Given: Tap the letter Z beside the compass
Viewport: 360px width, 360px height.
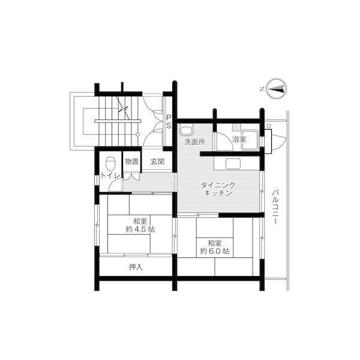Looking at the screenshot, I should (x=262, y=89).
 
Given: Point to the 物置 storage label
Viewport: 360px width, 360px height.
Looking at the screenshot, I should (x=132, y=161).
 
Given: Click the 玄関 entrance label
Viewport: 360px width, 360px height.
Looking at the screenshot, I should (x=158, y=161).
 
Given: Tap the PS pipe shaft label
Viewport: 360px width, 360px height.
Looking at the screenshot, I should (x=169, y=122).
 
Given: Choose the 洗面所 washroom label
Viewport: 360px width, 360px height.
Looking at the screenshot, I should (x=194, y=142).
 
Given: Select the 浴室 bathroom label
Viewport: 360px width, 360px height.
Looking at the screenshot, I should (x=239, y=139).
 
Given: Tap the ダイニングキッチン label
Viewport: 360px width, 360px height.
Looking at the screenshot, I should (x=218, y=190).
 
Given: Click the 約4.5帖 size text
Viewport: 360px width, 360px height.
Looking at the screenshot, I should (x=140, y=229).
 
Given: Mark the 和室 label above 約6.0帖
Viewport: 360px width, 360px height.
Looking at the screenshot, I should (x=215, y=242).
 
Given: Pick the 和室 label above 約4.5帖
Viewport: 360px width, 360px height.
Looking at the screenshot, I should (x=140, y=220).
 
